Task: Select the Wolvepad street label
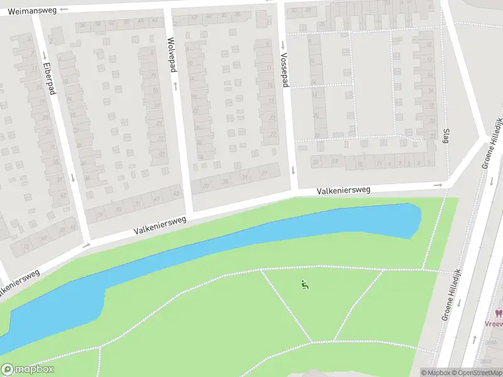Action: click(170, 55)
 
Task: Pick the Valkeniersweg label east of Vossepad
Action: click(343, 189)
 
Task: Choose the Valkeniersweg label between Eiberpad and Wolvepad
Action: click(160, 225)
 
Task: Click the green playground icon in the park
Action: click(306, 285)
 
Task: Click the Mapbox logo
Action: click(28, 369)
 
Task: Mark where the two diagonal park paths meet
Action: click(311, 342)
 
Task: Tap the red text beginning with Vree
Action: click(494, 324)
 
